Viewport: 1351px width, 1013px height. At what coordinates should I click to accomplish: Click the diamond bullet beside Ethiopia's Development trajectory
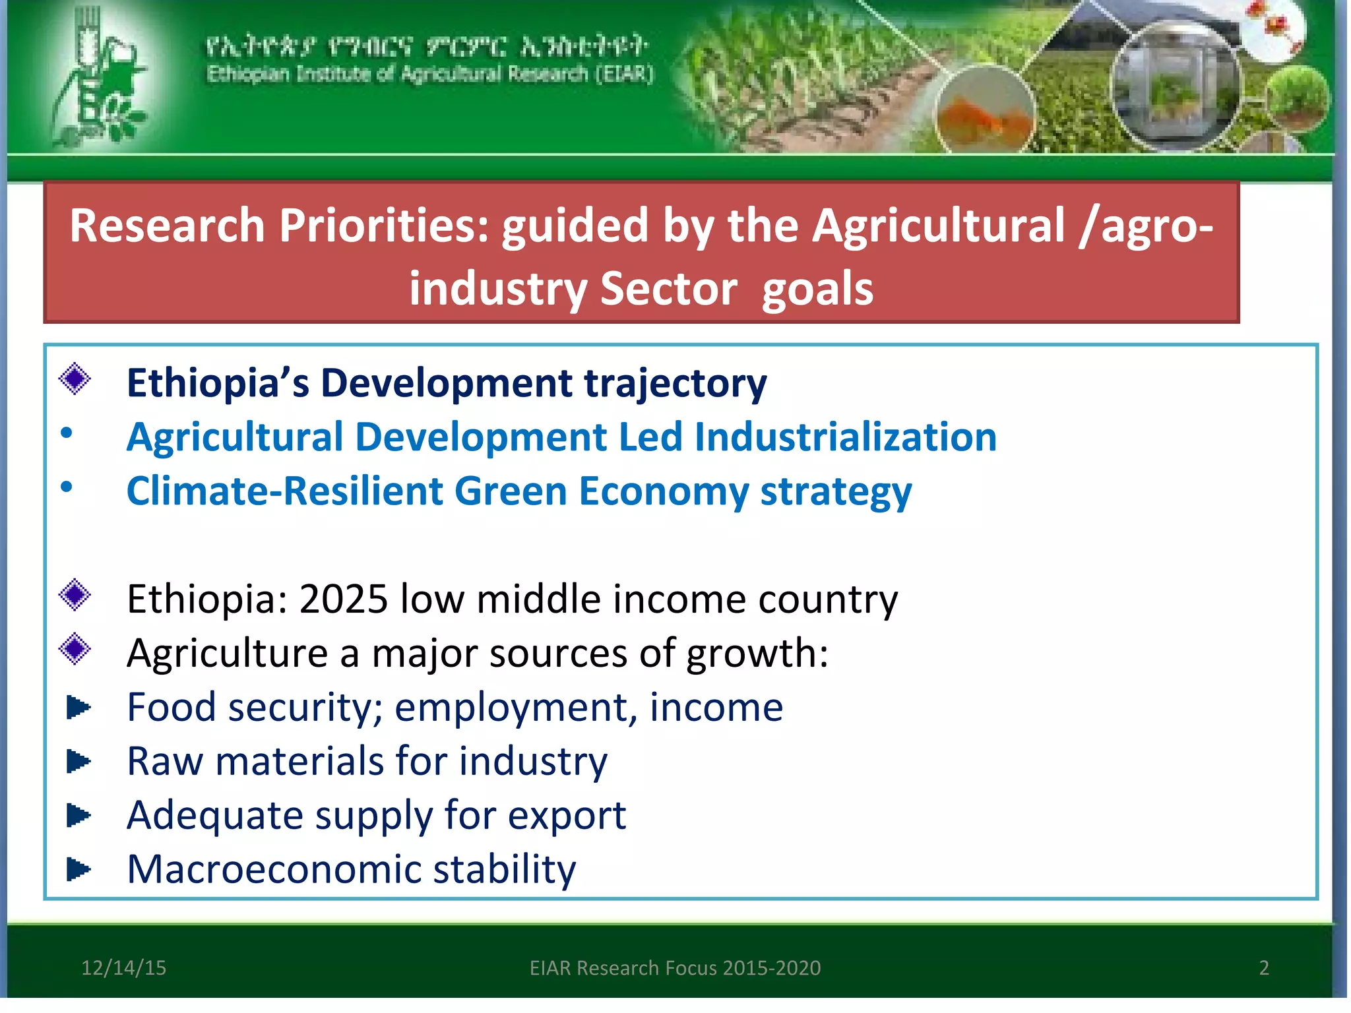click(75, 379)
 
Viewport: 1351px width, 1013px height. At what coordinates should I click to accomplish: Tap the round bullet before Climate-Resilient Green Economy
click(67, 487)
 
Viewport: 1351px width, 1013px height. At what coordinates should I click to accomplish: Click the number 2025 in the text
click(343, 599)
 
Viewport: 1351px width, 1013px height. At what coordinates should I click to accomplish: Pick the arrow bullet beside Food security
click(79, 708)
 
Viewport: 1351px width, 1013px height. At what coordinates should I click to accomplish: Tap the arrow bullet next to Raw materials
click(79, 762)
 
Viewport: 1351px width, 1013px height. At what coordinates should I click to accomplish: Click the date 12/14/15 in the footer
click(123, 967)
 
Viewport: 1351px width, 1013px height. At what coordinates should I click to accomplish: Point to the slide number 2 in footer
click(1264, 967)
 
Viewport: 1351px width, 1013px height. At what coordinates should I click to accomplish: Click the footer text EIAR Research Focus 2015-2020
click(675, 967)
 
